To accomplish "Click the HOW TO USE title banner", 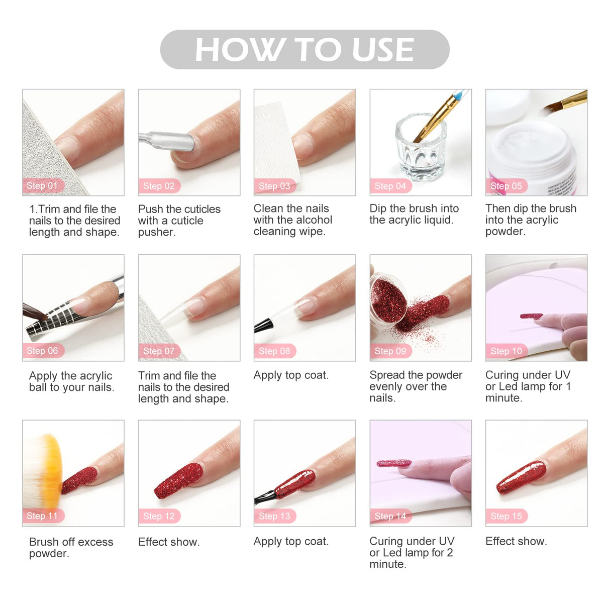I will [304, 49].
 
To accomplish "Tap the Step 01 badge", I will [43, 185].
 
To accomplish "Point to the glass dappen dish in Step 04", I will [420, 148].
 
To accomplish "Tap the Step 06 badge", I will [43, 351].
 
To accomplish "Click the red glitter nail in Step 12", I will [178, 481].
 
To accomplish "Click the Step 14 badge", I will [390, 516].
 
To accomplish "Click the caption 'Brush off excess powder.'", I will [71, 548].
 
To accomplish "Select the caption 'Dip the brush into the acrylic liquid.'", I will [414, 214].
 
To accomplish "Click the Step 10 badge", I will [506, 351].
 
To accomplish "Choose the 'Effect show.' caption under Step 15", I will [516, 541].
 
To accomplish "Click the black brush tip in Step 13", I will [264, 497].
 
